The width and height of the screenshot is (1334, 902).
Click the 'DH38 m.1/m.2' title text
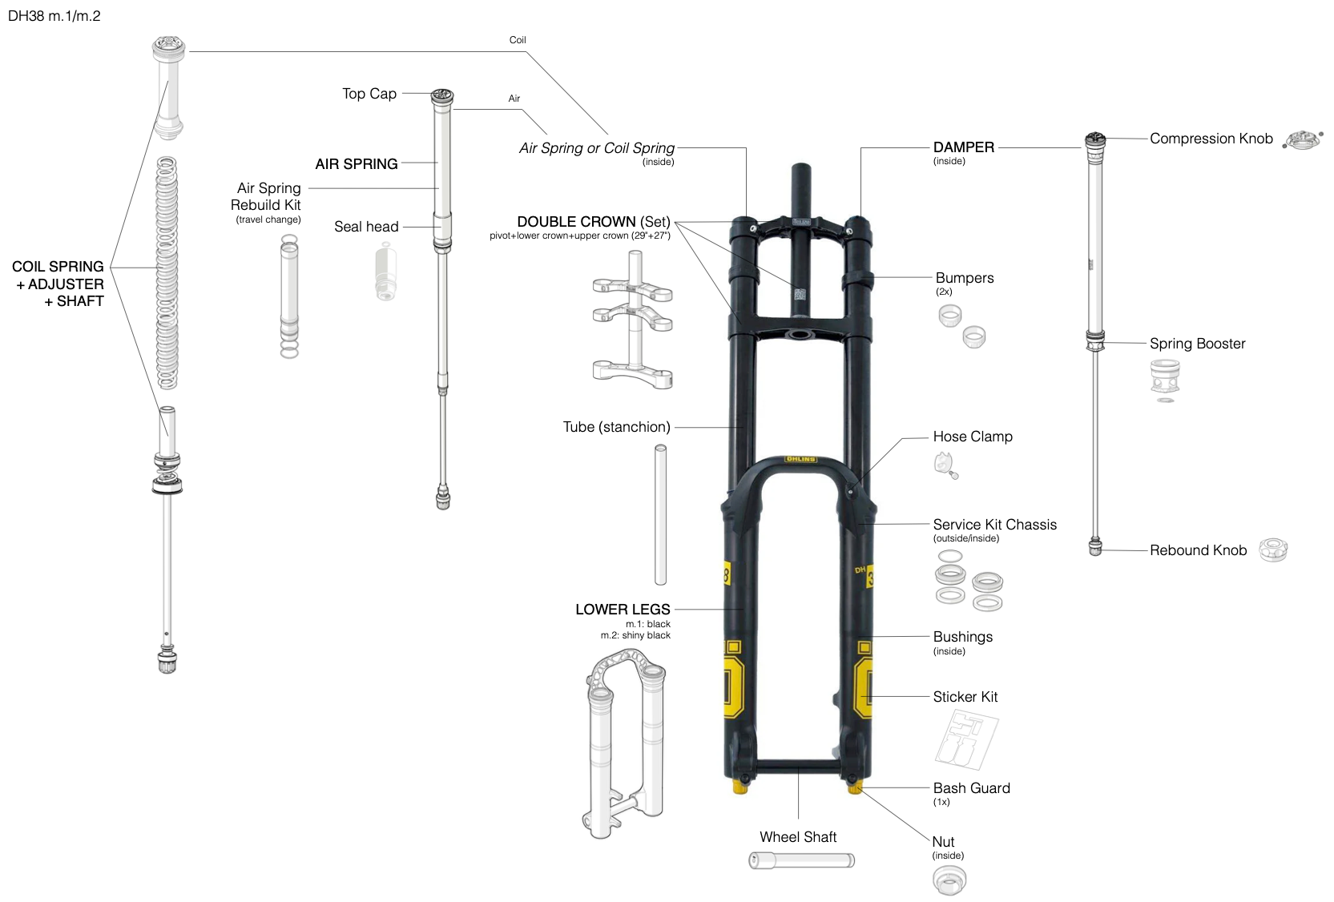[54, 16]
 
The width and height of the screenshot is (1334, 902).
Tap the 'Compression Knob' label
[1211, 139]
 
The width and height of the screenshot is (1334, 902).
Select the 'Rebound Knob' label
[1198, 550]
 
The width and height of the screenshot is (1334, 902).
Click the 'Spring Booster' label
[1197, 344]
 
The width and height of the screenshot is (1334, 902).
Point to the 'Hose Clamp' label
[973, 437]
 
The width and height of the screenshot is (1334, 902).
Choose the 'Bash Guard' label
[971, 788]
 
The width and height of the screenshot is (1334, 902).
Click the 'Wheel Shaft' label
[798, 837]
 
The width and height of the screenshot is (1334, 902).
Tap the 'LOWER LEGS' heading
[623, 610]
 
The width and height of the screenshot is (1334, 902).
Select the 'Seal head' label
[366, 227]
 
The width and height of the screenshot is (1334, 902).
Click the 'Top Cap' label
[369, 94]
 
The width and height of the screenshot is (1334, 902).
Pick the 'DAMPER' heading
[964, 147]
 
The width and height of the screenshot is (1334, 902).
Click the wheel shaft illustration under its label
[801, 860]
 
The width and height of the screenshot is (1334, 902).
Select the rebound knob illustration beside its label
[1273, 550]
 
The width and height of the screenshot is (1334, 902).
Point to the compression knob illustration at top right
[1303, 140]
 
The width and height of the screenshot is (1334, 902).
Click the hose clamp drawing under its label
[945, 465]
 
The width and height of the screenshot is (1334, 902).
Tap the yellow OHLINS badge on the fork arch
[800, 459]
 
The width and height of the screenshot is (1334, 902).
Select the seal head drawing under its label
[386, 274]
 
